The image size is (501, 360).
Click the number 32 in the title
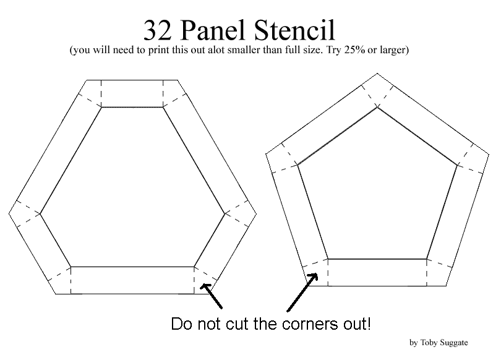[x=157, y=30]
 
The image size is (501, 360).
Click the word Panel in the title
[x=214, y=30]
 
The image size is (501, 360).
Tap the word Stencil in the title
[x=295, y=30]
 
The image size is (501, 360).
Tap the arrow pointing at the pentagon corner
[x=302, y=292]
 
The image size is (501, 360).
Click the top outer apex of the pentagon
[x=377, y=74]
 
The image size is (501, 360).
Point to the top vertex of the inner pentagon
[x=377, y=108]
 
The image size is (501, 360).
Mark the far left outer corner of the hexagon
[x=9, y=213]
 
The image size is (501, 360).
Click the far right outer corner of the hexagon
[x=256, y=213]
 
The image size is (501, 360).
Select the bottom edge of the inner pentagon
[x=377, y=259]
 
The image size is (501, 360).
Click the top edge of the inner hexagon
[x=132, y=107]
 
